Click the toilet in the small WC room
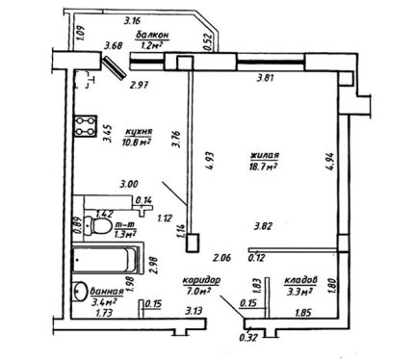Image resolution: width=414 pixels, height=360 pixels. point(97,226)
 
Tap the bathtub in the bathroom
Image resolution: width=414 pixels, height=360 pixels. point(105,260)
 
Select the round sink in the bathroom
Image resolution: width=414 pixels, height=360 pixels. point(80,291)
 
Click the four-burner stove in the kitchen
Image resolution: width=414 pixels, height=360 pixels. point(86,126)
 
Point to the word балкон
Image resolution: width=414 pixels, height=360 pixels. point(152,35)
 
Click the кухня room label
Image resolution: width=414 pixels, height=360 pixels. point(139,131)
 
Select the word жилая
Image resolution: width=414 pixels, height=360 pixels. point(265,156)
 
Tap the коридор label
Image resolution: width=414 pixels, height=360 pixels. point(201,280)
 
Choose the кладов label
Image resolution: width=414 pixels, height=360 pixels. point(300,280)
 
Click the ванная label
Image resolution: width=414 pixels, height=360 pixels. point(107,291)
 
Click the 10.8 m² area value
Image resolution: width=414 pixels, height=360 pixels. point(137,142)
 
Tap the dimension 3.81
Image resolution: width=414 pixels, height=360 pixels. point(266,78)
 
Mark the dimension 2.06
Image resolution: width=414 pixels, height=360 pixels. point(222,257)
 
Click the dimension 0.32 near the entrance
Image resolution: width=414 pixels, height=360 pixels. point(248,338)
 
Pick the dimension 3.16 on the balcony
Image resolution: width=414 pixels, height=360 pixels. point(133,21)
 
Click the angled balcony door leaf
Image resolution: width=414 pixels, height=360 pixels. point(115,66)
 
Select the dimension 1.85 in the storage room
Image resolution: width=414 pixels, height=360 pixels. point(302,313)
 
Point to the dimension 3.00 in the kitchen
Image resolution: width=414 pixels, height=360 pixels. point(129,185)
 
